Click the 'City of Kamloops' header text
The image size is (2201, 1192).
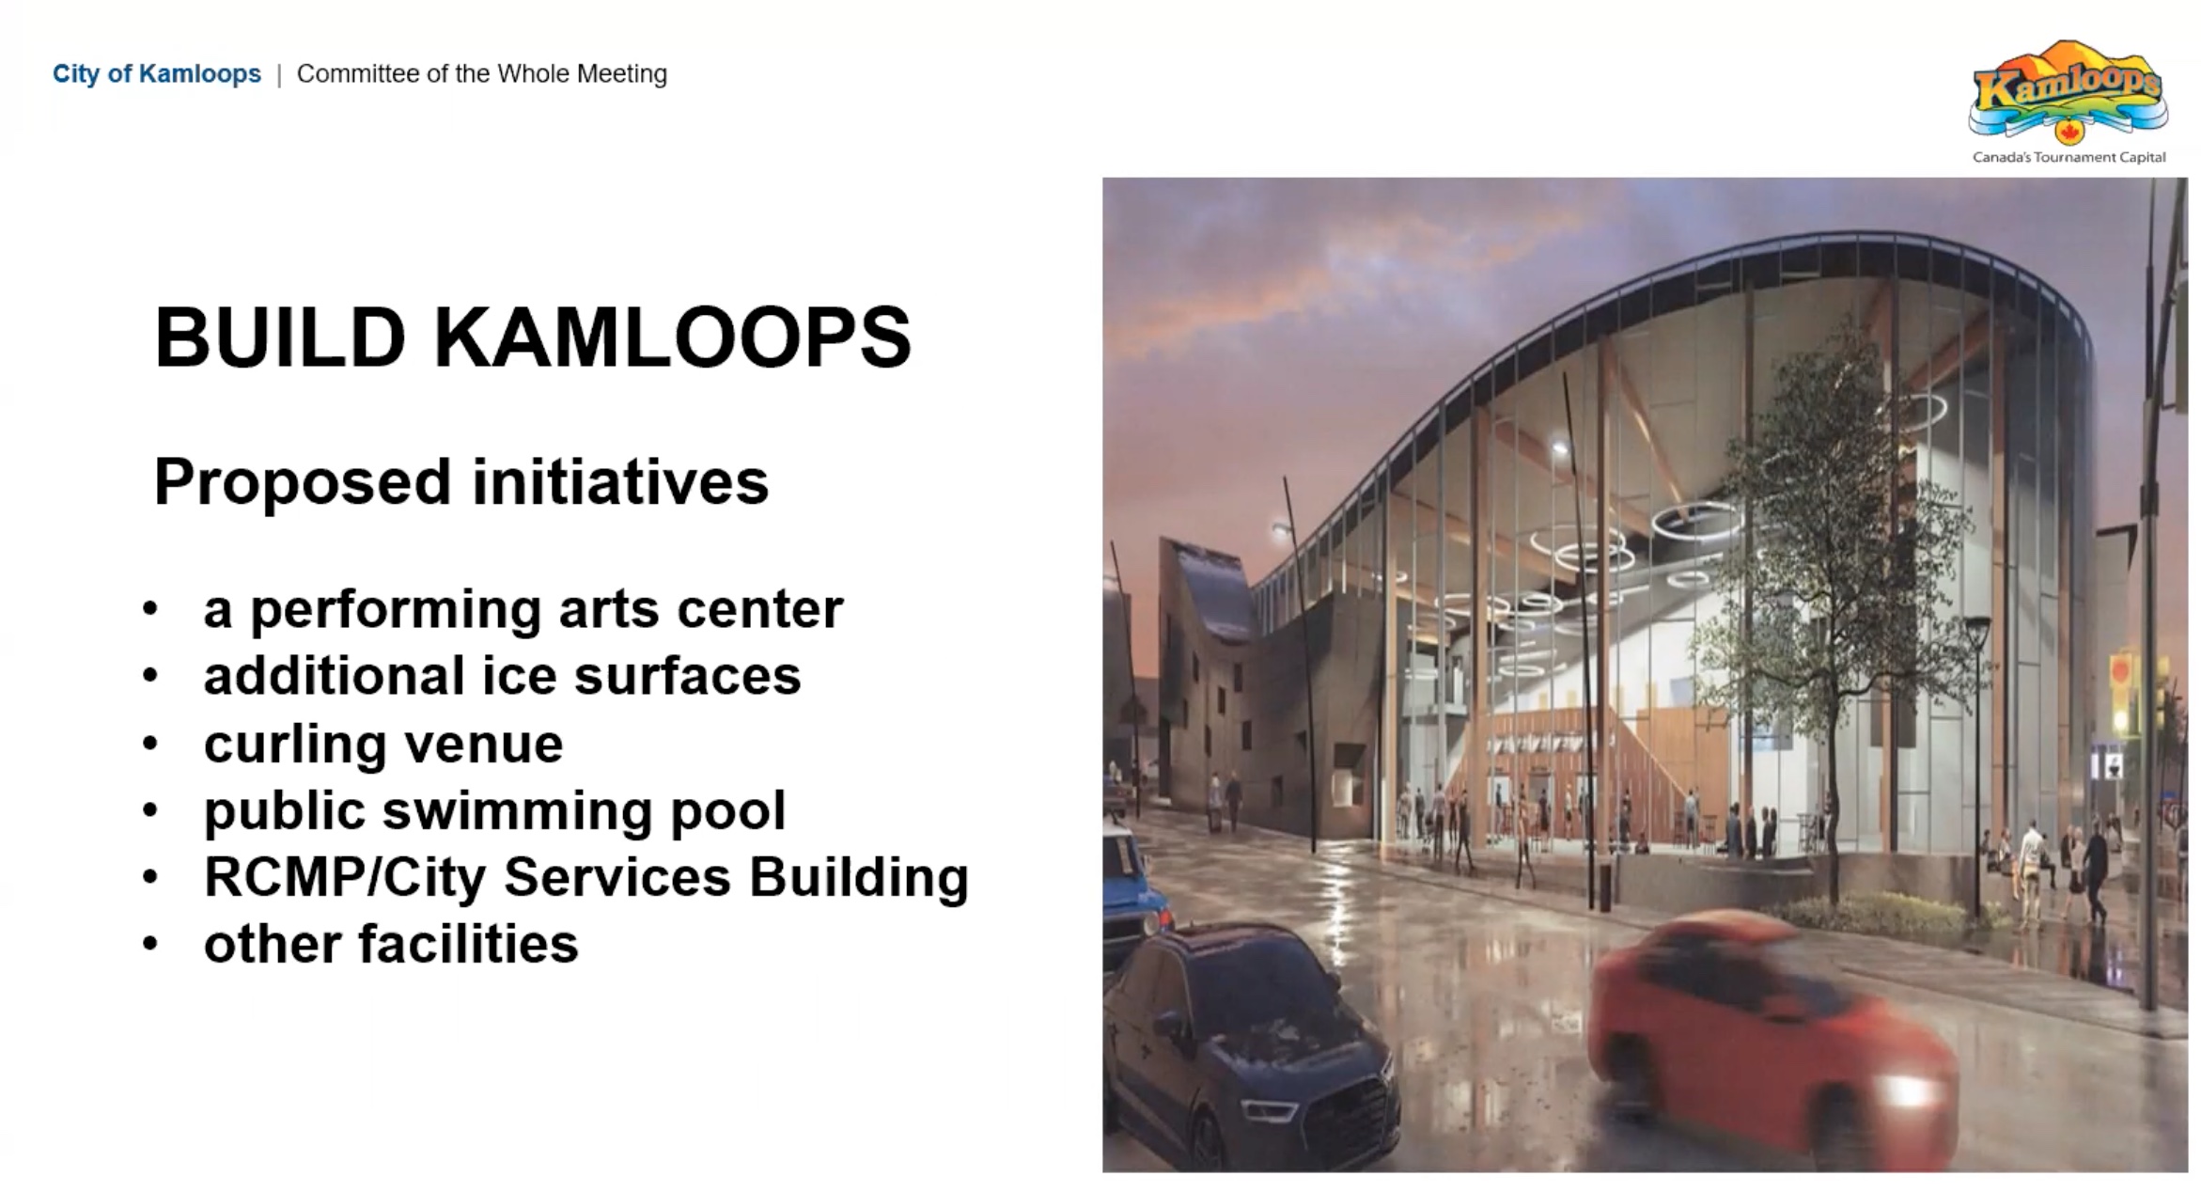[157, 73]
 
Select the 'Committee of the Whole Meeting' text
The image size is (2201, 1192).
[482, 73]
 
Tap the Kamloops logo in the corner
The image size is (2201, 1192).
[2068, 91]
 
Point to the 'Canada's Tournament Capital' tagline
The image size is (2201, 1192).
[2068, 157]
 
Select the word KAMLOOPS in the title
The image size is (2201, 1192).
[672, 337]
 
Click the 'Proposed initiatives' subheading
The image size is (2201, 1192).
[461, 481]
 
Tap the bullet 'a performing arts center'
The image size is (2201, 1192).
[523, 610]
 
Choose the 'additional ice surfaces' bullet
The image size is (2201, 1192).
[502, 675]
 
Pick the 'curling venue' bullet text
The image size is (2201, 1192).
[383, 744]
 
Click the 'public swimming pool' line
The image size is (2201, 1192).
[494, 810]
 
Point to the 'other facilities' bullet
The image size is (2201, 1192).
[391, 943]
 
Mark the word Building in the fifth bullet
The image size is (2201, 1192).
[858, 877]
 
